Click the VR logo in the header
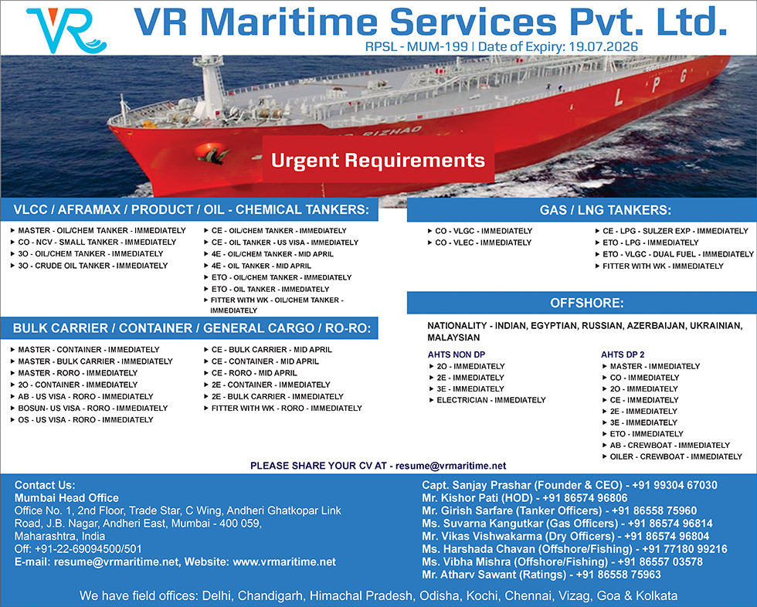(x=66, y=30)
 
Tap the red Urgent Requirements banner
(x=378, y=160)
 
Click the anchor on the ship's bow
(x=212, y=154)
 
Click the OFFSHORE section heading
(x=587, y=303)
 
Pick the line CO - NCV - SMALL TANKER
(x=97, y=242)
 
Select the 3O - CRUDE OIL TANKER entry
(x=93, y=266)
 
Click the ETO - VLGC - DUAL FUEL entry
(x=678, y=254)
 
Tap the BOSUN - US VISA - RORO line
(x=93, y=409)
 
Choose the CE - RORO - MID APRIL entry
(x=254, y=373)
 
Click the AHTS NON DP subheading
(x=457, y=354)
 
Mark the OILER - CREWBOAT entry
(x=676, y=456)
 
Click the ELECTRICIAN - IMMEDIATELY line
(x=491, y=400)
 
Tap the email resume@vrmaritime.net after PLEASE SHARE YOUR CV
(x=451, y=466)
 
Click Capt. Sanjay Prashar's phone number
(x=674, y=485)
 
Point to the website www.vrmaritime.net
(x=284, y=561)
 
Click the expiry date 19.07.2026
(x=603, y=47)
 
